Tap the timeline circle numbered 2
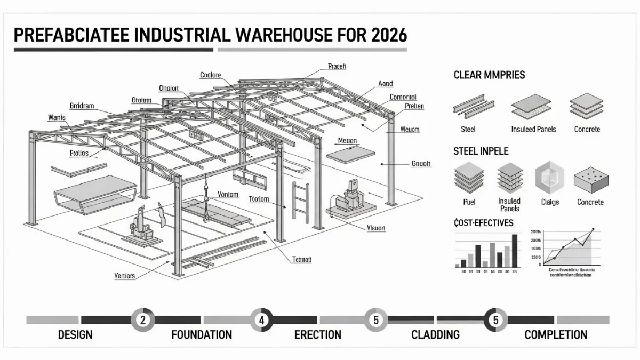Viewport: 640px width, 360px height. coord(142,320)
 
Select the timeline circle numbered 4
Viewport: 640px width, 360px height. coord(261,320)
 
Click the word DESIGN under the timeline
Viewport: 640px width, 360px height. coord(75,335)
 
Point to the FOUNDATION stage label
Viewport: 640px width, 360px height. coord(202,335)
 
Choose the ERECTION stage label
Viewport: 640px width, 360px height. coord(318,335)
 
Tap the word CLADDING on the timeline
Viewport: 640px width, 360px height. coord(435,335)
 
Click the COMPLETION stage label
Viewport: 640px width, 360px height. coord(556,335)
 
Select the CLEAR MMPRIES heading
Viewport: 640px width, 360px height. coord(489,75)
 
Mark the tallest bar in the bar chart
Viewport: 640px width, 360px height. coord(514,250)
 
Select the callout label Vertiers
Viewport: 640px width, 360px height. coord(125,276)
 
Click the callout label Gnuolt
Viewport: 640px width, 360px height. coord(421,164)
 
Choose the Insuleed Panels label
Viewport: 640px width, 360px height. coord(533,129)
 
